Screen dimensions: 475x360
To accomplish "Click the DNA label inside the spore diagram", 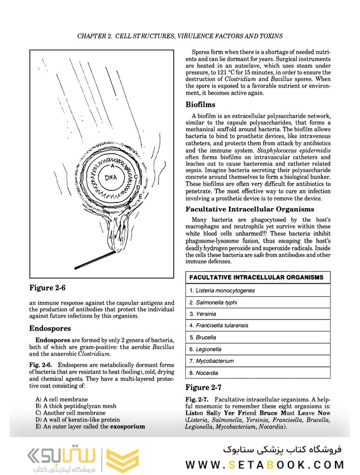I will click(111, 177).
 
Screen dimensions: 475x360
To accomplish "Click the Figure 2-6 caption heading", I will click(47, 288).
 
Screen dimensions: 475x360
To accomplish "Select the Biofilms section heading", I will click(200, 104).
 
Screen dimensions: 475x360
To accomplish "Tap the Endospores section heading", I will click(50, 328).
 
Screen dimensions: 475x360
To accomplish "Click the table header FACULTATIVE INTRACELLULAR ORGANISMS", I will click(256, 278).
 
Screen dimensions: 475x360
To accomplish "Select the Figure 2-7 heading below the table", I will click(203, 387).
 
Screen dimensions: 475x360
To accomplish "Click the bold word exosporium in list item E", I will click(127, 426).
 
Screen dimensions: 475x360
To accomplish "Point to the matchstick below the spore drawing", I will click(95, 260).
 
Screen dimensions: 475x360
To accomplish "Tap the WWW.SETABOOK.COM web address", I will click(265, 464).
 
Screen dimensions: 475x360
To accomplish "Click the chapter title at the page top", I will click(180, 36).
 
